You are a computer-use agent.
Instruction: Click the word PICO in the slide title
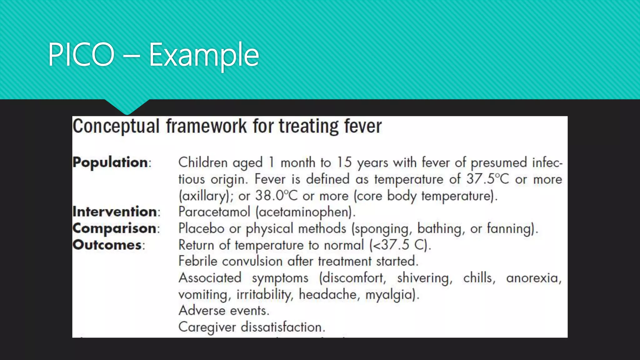(81, 55)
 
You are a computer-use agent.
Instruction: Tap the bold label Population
(110, 162)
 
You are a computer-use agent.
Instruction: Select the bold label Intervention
(115, 212)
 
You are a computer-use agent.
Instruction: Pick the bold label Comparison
(114, 228)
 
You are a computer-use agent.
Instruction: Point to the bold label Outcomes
(107, 245)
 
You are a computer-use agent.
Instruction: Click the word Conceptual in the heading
(116, 127)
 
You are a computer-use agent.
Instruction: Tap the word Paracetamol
(214, 212)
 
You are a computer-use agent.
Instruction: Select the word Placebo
(201, 228)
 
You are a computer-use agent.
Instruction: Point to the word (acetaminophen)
(305, 212)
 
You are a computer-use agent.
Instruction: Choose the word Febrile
(197, 261)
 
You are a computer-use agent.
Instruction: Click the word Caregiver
(207, 327)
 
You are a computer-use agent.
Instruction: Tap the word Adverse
(202, 311)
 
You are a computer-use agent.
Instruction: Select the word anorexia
(533, 278)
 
